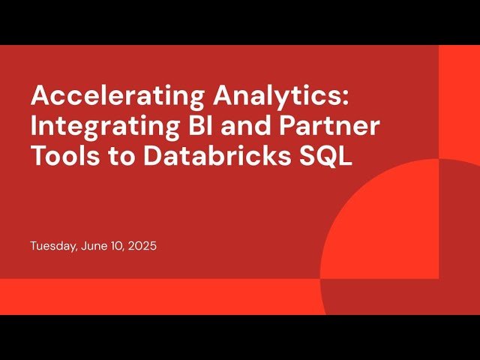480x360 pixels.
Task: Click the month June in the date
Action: click(91, 246)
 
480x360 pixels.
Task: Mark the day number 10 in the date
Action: click(114, 246)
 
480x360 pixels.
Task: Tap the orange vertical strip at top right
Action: click(459, 97)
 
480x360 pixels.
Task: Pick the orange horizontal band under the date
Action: click(150, 296)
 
